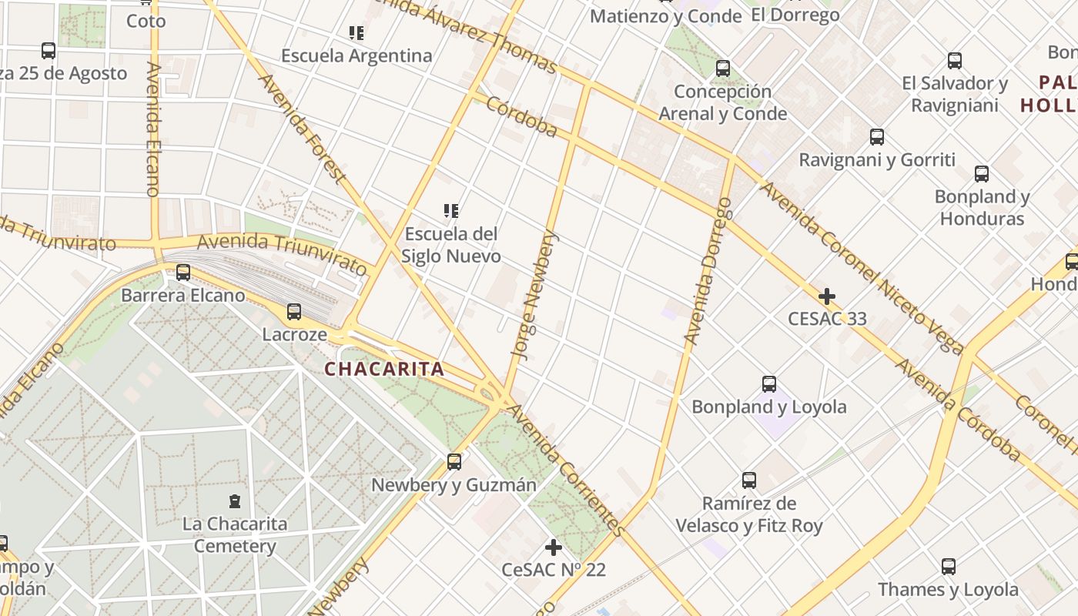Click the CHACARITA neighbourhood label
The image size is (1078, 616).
[384, 369]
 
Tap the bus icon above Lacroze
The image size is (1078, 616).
[293, 312]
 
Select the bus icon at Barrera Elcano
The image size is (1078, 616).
[183, 273]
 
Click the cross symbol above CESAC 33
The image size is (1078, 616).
[827, 296]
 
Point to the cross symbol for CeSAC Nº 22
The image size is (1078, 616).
[553, 548]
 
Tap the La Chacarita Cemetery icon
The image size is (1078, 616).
[234, 501]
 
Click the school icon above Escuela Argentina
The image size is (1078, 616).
[356, 33]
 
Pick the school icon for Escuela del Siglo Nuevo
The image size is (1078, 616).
[451, 210]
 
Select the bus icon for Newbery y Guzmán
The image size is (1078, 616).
[454, 462]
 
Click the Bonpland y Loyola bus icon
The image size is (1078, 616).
[768, 384]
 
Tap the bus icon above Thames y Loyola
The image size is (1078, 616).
[949, 567]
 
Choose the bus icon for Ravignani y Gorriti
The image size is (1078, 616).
[876, 138]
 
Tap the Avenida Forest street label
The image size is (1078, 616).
[301, 128]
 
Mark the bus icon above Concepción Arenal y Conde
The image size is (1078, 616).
[722, 69]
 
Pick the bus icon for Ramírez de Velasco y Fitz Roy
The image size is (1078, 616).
[749, 480]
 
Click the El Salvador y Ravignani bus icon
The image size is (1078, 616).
[955, 61]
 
